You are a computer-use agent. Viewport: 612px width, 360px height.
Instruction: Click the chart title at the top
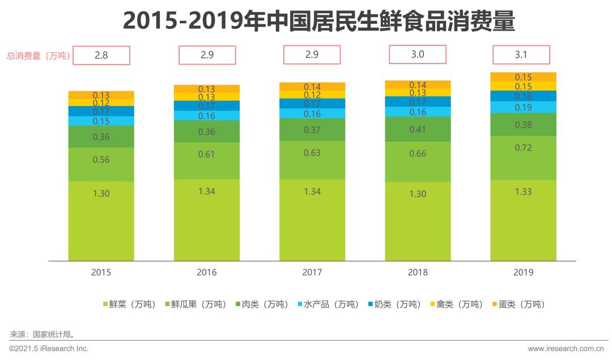coord(318,22)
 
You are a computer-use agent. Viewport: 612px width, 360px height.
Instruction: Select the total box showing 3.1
coord(521,56)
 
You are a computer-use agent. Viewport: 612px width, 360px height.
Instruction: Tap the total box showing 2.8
coord(101,56)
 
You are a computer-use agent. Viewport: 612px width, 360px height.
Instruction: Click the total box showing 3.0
coord(417,55)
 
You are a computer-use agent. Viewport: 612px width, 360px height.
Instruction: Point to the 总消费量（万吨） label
coord(38,56)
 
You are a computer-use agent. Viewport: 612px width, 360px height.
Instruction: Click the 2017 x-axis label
coord(312,272)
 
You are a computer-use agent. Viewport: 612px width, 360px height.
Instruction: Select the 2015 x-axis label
coord(101,272)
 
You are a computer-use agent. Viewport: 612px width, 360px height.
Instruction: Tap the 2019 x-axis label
coord(523,272)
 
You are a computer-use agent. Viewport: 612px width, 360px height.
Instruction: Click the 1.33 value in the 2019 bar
coord(523,192)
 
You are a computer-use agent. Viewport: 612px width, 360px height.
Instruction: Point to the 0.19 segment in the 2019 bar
coord(523,107)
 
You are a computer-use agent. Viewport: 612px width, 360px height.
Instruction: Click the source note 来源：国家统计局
coord(42,334)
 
